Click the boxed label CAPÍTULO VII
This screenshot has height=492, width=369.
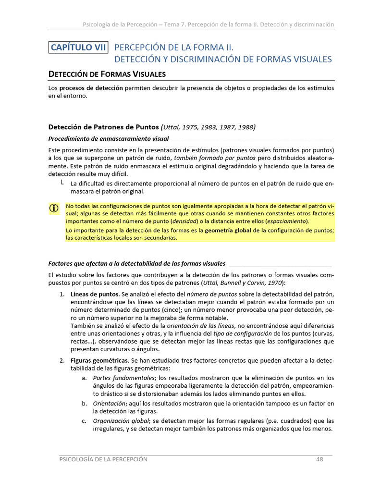[79, 47]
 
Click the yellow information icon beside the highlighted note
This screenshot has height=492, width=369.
[54, 208]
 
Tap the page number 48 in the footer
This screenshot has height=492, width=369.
[320, 459]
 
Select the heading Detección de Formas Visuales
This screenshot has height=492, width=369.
[107, 74]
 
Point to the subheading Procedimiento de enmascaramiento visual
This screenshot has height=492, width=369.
[109, 139]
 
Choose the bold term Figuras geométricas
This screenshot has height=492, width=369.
[99, 360]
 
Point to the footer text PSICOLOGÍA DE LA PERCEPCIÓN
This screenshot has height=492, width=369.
[103, 459]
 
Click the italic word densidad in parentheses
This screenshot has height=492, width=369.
[184, 221]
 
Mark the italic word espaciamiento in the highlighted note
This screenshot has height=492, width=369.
[289, 221]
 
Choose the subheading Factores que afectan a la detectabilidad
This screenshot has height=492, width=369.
[137, 263]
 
